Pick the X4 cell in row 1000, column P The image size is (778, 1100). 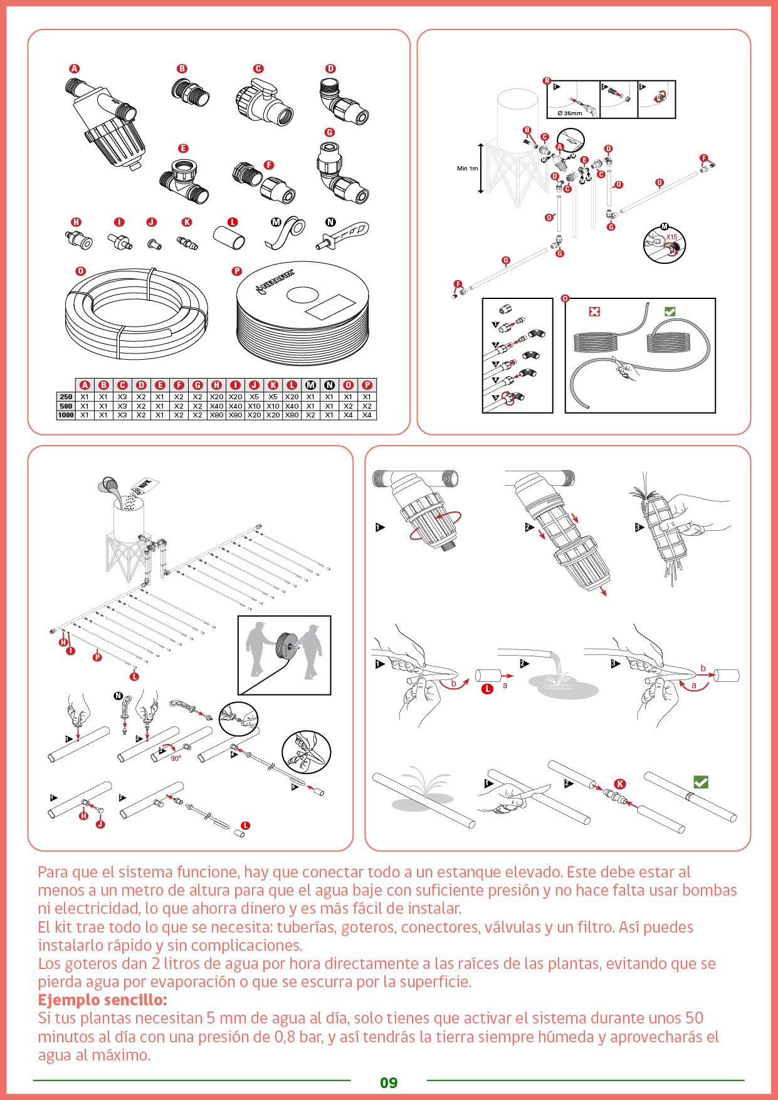367,415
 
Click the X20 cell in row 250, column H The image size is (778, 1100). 216,397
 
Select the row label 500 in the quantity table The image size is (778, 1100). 66,406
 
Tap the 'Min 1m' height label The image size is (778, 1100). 467,169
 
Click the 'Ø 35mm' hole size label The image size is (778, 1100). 569,113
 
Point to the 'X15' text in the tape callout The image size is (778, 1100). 671,237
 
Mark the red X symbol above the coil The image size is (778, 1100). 594,312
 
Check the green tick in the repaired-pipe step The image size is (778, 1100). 701,782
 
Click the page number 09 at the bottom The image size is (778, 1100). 389,1082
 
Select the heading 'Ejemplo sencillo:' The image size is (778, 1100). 102,1000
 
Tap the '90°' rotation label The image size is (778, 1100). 176,758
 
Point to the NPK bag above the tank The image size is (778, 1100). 144,486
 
